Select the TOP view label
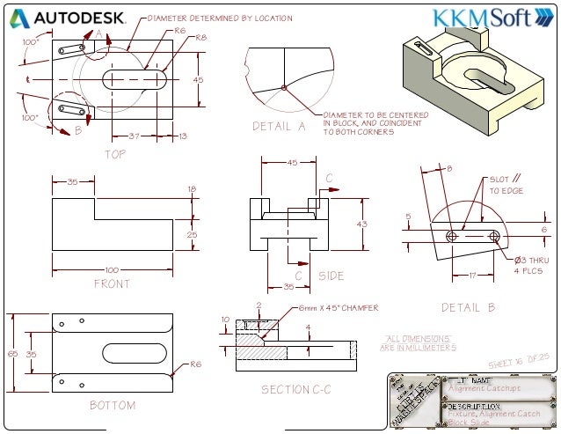[115, 153]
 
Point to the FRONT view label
[112, 283]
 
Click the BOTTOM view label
[113, 406]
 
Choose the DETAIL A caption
[279, 126]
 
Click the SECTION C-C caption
[296, 389]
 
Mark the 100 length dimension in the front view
[112, 269]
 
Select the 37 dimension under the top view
[134, 136]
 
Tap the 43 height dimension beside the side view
[361, 224]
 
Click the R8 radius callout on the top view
[200, 38]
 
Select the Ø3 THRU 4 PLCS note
[531, 265]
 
